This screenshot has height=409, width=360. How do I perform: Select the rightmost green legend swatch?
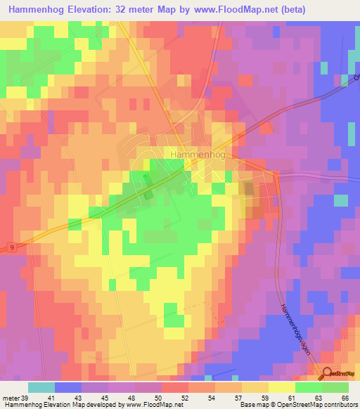tap(335, 387)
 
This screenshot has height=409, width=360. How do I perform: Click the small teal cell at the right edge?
tap(340, 200)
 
